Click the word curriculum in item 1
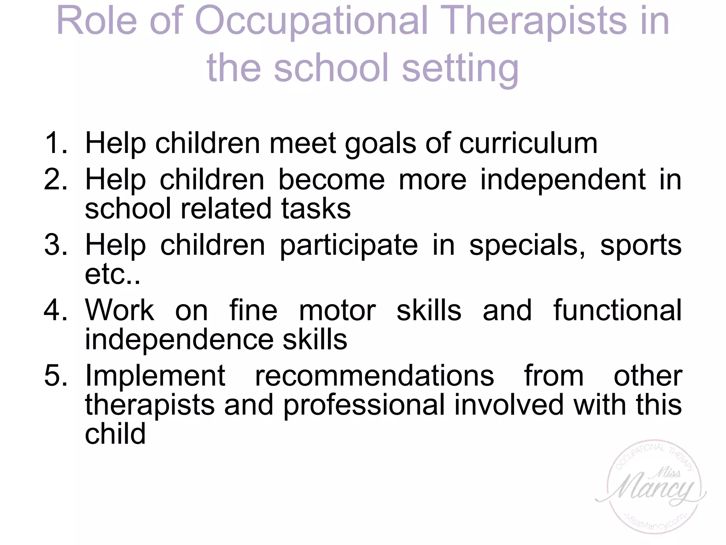coord(528,143)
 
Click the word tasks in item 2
coord(316,208)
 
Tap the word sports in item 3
coord(641,245)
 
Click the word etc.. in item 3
coord(112,274)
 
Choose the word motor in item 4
coord(337,310)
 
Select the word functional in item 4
coord(617,310)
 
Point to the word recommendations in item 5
coord(374,375)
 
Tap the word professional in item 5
coord(364,405)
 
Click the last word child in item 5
coord(115,434)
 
